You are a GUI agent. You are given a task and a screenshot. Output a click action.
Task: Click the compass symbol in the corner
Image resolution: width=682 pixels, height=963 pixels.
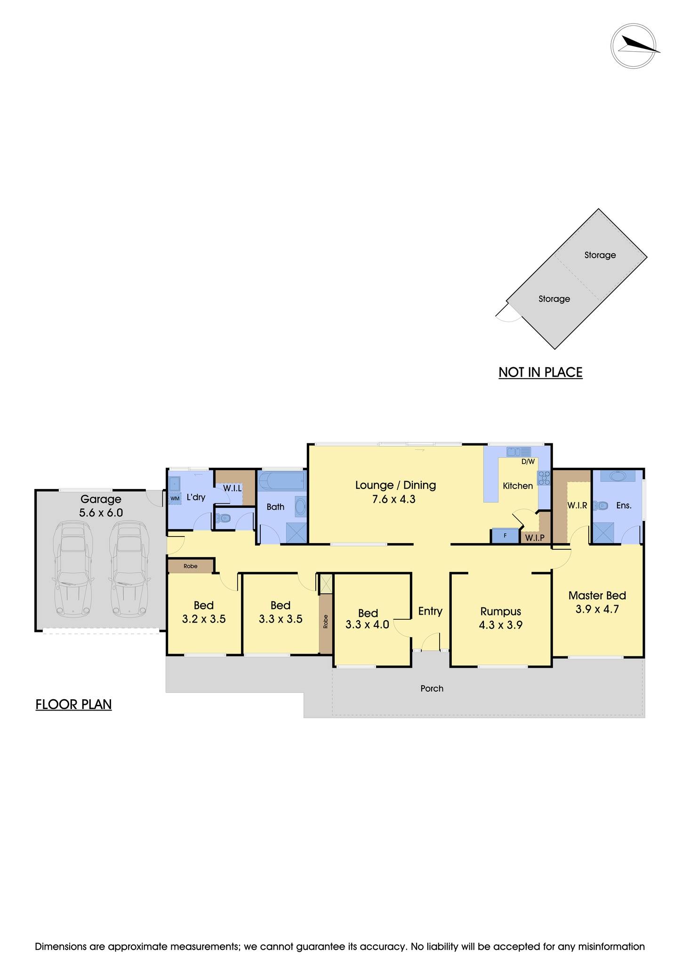point(635,46)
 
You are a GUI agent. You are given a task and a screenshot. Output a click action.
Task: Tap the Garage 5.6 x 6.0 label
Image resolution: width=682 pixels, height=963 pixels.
point(101,505)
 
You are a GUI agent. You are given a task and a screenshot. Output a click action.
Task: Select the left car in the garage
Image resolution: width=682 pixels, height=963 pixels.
point(72,568)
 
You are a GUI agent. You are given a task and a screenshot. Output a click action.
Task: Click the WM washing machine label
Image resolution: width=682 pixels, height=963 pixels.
point(175,498)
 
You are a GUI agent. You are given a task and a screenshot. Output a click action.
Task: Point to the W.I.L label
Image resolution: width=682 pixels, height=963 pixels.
point(233,489)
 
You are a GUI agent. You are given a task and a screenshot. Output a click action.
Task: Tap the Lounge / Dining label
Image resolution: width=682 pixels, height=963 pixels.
point(395,485)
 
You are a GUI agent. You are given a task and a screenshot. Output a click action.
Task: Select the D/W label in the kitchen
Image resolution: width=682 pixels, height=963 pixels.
point(528,461)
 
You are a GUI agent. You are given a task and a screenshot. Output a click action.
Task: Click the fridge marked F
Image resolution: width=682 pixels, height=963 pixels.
point(505,536)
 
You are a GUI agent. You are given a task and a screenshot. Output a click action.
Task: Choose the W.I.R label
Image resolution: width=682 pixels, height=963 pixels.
point(577,505)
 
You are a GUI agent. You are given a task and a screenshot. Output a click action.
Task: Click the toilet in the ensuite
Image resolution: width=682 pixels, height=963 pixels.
point(601,506)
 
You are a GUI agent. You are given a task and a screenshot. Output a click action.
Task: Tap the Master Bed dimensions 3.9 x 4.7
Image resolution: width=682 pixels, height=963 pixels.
point(597,609)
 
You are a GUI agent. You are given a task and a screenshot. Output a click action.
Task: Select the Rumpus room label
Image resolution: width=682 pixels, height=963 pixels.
point(501,611)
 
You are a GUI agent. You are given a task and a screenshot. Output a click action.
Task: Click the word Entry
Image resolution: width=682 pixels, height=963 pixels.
point(430,611)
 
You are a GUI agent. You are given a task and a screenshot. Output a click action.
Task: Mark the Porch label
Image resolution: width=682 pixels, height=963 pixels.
point(432,688)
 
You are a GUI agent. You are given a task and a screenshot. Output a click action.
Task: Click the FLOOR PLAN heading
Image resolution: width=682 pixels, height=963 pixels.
point(73,704)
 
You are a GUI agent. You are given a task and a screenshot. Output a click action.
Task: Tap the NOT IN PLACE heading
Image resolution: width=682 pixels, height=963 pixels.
point(540,372)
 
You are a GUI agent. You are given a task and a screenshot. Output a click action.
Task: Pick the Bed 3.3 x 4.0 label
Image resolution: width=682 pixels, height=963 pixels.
point(368,619)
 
